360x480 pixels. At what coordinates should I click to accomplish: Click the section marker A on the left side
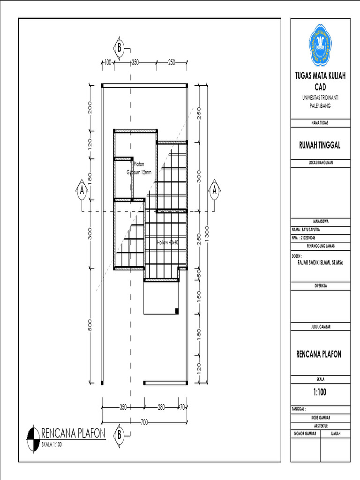tap(82, 191)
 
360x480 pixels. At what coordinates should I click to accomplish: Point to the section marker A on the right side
tap(214, 191)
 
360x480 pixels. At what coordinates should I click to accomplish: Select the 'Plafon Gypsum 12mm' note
tap(140, 168)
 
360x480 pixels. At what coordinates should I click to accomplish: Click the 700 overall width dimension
tap(144, 422)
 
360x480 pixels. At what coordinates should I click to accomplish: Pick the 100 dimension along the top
tap(107, 62)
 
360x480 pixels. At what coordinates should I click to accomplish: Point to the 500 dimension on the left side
tap(90, 325)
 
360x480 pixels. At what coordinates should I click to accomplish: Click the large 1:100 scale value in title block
tap(320, 392)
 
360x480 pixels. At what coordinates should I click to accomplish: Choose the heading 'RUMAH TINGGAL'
tap(320, 145)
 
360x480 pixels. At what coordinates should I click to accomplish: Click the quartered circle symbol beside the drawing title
tap(33, 439)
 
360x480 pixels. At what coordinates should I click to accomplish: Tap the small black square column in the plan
tap(176, 310)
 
